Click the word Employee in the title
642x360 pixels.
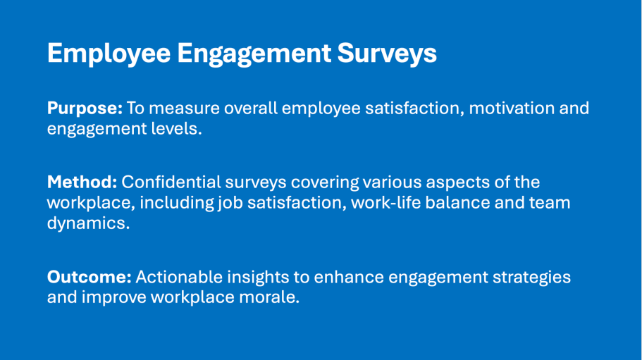tap(109, 54)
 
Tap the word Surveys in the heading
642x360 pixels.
tap(387, 54)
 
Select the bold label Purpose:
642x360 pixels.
tap(85, 108)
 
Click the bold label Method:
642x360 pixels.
tap(82, 182)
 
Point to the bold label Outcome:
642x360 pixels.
tap(89, 277)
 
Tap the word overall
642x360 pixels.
tap(251, 108)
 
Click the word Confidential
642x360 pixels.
tap(171, 182)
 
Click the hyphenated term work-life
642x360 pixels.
tap(385, 202)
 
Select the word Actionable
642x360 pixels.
tap(179, 277)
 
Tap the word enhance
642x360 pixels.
tap(349, 277)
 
